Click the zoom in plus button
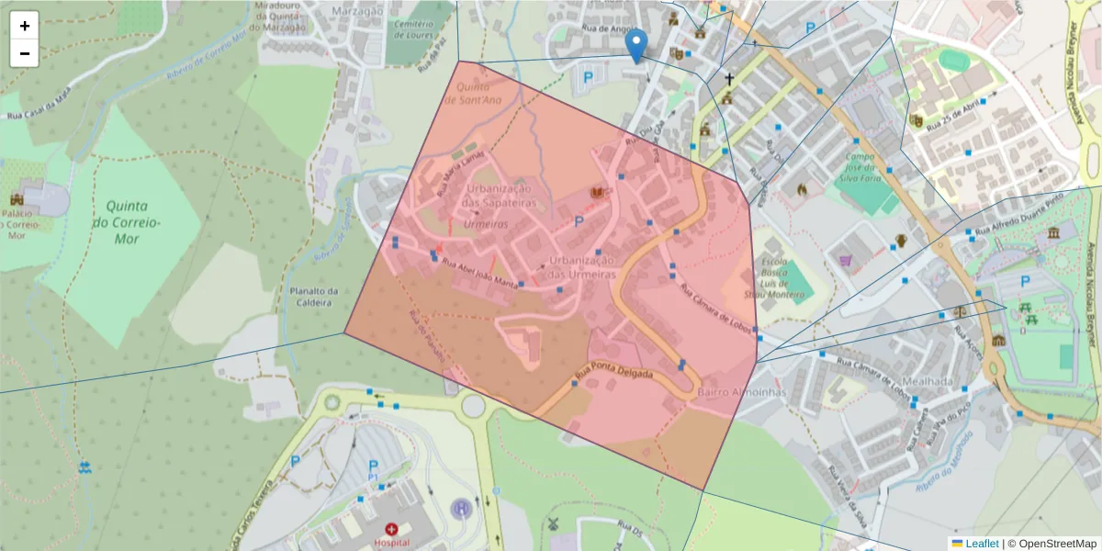pyautogui.click(x=25, y=26)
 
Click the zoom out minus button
pyautogui.click(x=25, y=53)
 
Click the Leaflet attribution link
pyautogui.click(x=982, y=544)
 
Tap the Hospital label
pyautogui.click(x=391, y=543)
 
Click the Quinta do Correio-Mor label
pyautogui.click(x=127, y=222)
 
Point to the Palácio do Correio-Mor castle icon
pyautogui.click(x=17, y=198)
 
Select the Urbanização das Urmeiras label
pyautogui.click(x=580, y=267)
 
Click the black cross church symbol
pyautogui.click(x=730, y=80)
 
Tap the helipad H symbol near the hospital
pyautogui.click(x=463, y=507)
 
